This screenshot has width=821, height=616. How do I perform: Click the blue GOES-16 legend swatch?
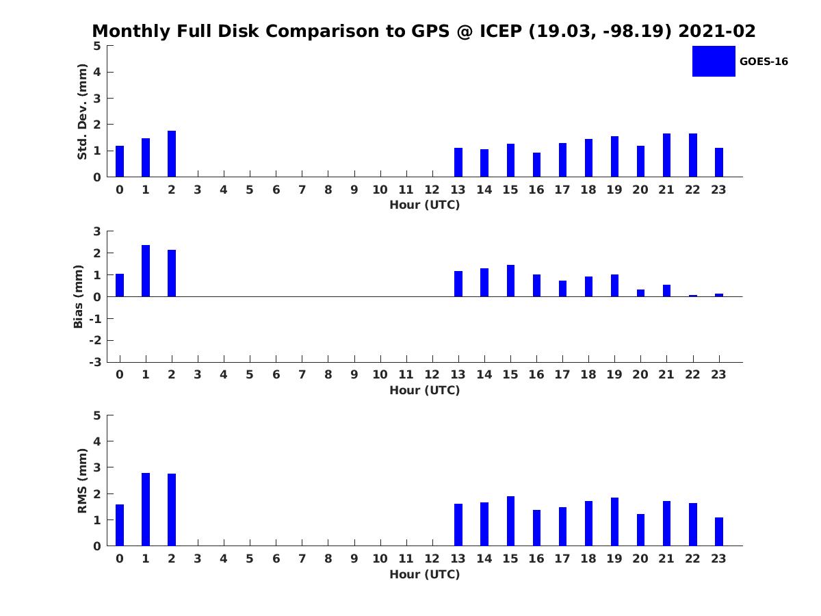tap(714, 61)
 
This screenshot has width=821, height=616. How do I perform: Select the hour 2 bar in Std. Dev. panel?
tap(172, 154)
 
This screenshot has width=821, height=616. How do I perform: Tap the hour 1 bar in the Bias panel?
tap(146, 271)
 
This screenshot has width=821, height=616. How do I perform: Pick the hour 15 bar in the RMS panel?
tap(510, 521)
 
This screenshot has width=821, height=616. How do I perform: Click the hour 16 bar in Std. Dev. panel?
tap(536, 164)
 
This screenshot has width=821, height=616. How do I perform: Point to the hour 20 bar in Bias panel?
tap(640, 293)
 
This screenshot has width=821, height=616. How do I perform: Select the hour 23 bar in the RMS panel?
tap(719, 532)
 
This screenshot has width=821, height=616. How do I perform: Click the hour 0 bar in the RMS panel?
tap(120, 525)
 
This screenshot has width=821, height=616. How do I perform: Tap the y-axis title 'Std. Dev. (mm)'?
tap(82, 112)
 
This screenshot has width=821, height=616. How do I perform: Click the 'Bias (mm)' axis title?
tap(78, 296)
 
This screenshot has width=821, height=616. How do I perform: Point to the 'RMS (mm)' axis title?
tap(82, 480)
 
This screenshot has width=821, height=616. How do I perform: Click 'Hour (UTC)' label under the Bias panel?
tap(425, 390)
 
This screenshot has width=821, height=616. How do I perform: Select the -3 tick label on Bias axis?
tap(95, 362)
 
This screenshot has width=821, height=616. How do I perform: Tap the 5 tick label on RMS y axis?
tap(97, 415)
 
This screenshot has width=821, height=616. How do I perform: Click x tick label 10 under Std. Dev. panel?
tap(380, 190)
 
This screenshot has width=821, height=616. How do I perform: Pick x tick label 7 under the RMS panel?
tap(302, 559)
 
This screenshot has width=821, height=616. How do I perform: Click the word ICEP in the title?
tap(500, 31)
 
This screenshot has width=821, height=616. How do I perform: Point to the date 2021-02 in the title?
tap(717, 31)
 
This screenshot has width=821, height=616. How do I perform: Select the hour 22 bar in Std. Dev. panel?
tap(692, 155)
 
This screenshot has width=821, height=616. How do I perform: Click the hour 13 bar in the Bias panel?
tap(458, 284)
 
